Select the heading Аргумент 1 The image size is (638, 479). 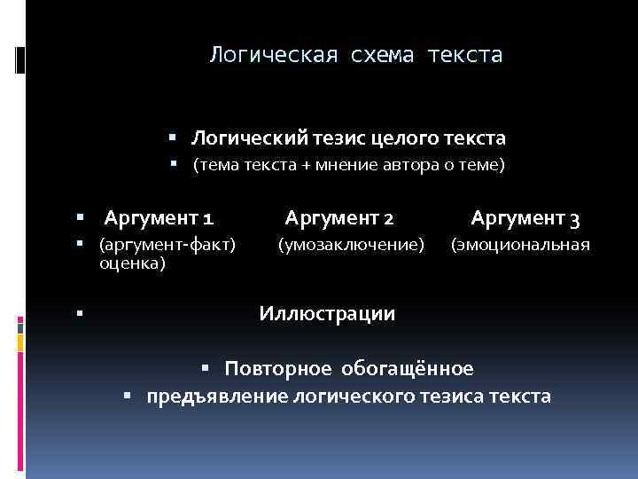pyautogui.click(x=158, y=217)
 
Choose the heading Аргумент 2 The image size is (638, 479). pyautogui.click(x=338, y=217)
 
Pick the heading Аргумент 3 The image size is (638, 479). pyautogui.click(x=525, y=217)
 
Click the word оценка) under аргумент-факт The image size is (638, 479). pyautogui.click(x=132, y=263)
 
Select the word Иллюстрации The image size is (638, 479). pyautogui.click(x=327, y=313)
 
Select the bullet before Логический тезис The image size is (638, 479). pyautogui.click(x=173, y=138)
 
